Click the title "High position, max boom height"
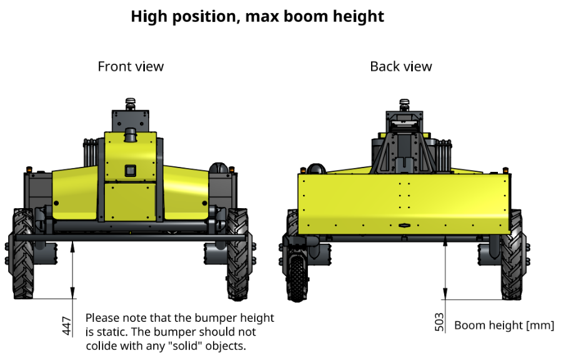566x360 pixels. tap(257, 17)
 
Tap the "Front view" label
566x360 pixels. tap(131, 66)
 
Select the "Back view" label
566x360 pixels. tap(401, 66)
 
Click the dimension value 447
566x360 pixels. tap(67, 326)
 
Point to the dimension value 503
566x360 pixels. tap(439, 322)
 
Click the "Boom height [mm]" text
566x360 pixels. tap(504, 326)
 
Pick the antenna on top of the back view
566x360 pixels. tap(404, 105)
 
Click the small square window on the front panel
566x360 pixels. tap(131, 171)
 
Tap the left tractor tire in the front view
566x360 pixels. tap(22, 254)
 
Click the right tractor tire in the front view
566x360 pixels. tap(237, 254)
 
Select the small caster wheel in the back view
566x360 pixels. tap(297, 278)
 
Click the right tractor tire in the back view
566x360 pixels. tap(512, 254)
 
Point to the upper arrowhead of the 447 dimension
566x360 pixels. tap(72, 247)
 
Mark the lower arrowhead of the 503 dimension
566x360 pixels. tap(445, 294)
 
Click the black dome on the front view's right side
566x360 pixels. tap(219, 168)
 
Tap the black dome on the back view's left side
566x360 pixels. tap(316, 169)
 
